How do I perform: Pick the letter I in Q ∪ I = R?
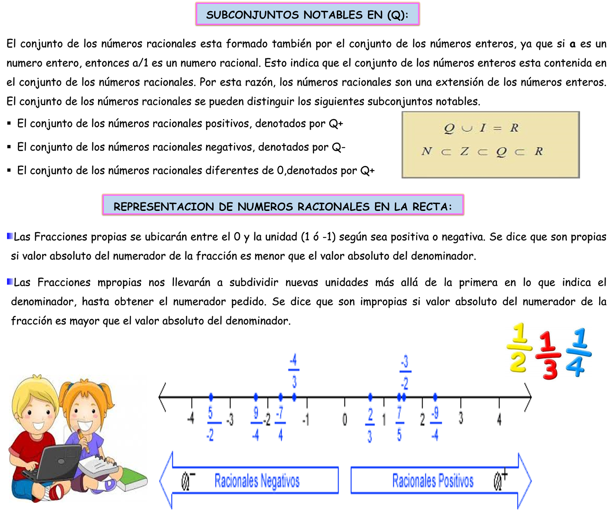point(483,128)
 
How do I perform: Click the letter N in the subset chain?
point(426,151)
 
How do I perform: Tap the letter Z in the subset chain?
point(464,151)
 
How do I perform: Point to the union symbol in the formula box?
point(467,128)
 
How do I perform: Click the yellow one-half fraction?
point(519,348)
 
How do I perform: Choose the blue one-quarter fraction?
point(578,352)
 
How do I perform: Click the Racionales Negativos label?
point(257,480)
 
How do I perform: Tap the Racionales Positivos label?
point(433,480)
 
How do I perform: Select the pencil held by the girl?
point(84,441)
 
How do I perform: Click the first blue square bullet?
point(10,236)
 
